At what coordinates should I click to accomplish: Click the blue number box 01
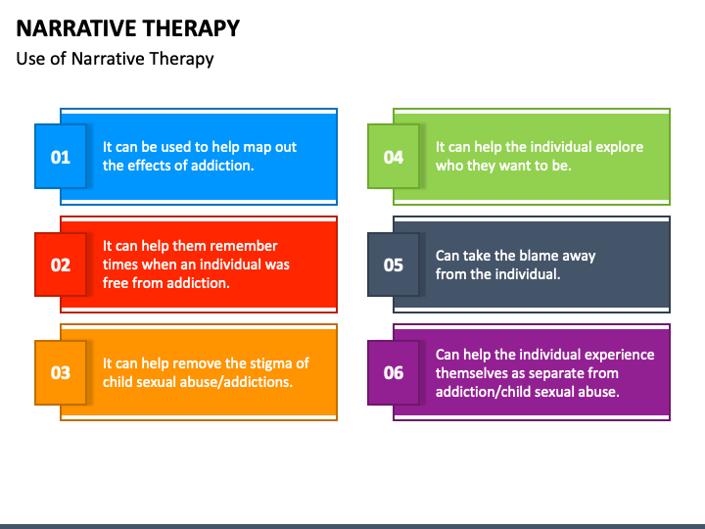[61, 156]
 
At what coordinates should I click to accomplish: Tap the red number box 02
[61, 264]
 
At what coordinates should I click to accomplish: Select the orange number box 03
[61, 372]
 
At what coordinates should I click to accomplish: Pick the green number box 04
[394, 156]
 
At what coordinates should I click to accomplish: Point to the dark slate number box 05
[394, 264]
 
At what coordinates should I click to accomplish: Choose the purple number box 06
[394, 372]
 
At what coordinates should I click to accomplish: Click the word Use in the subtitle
[31, 59]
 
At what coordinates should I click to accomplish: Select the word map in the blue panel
[259, 148]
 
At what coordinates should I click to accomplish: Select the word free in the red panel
[114, 283]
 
